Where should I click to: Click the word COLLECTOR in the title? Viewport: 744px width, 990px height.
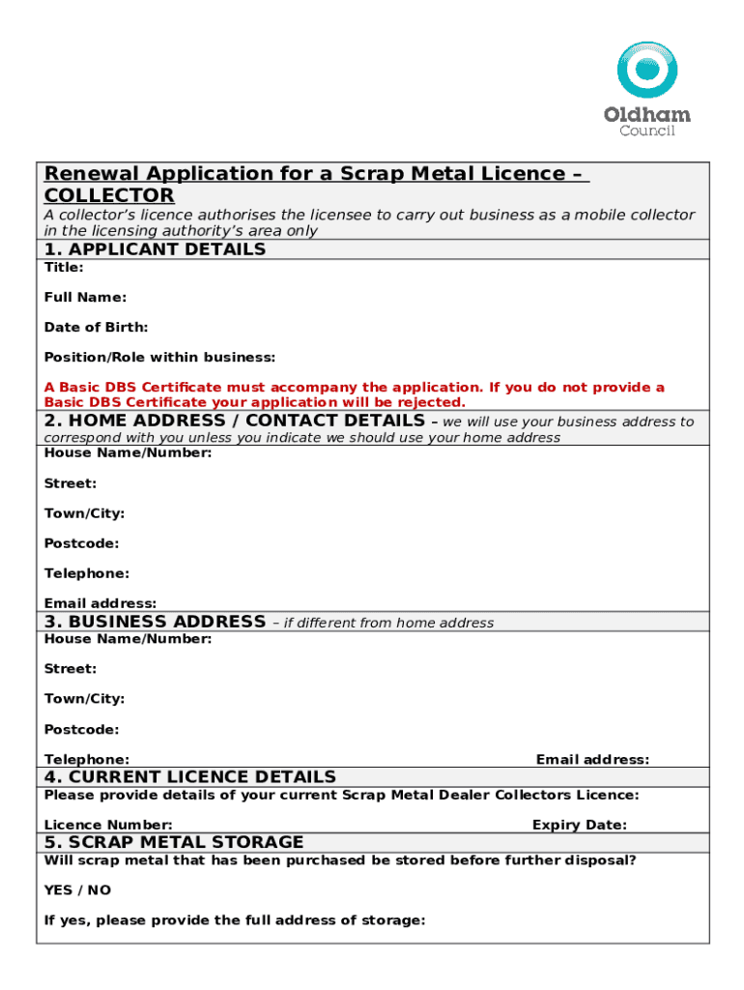[109, 196]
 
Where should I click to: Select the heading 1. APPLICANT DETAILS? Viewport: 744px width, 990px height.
[155, 249]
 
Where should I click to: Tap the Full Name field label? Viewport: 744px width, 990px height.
[85, 298]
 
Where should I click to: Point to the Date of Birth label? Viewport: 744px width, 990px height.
[96, 328]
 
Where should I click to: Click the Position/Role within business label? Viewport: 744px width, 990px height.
[159, 358]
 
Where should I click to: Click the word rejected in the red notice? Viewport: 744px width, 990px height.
[433, 402]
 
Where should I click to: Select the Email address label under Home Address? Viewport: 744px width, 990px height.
[100, 603]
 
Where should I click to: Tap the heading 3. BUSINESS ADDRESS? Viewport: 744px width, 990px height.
[155, 622]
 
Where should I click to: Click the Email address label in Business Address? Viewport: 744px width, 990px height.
[592, 760]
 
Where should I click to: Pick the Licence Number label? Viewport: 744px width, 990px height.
[108, 825]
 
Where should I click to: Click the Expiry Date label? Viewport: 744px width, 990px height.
[579, 825]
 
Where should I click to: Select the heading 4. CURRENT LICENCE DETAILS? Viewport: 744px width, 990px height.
[189, 777]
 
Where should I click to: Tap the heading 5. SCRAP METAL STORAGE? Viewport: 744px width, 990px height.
[174, 842]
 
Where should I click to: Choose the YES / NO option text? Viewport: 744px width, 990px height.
[77, 889]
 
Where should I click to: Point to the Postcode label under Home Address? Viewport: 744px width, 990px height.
[81, 543]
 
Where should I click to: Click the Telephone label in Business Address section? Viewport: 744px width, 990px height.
[86, 760]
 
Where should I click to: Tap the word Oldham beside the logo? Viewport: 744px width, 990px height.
[647, 115]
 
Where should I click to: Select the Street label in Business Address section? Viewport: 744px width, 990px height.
[70, 669]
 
